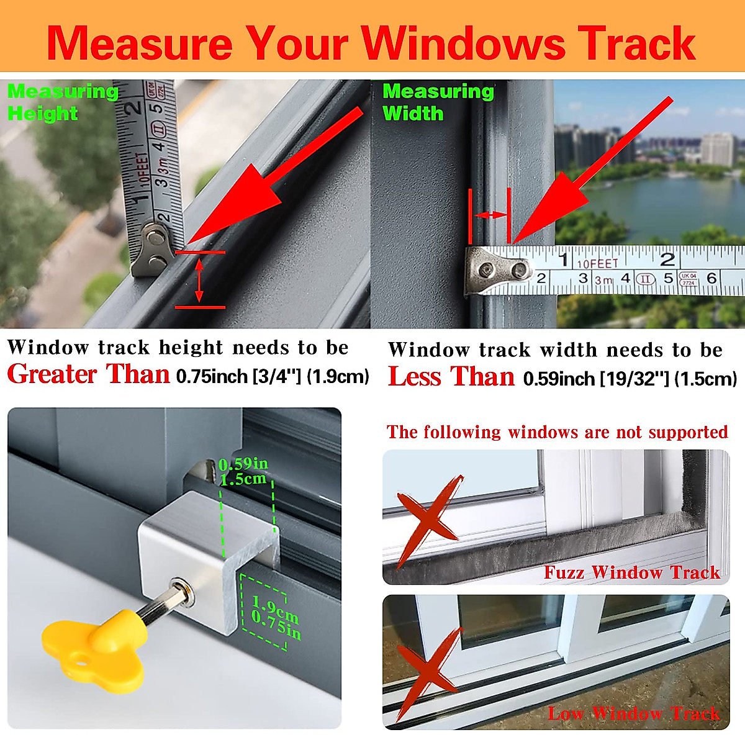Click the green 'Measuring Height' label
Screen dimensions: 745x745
62,102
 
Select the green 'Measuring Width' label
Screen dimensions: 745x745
438,102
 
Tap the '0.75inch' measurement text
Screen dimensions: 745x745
212,377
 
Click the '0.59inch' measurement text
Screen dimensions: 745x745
559,379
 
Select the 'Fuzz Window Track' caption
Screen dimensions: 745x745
631,572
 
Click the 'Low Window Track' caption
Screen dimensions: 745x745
634,713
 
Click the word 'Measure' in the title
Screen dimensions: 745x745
140,43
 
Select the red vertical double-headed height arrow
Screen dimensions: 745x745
199,280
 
